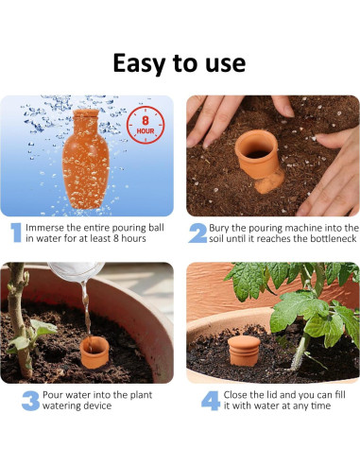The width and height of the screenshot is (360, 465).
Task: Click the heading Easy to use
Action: coord(180,62)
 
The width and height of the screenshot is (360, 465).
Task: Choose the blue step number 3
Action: coord(30,400)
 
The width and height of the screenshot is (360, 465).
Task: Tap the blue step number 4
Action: coord(211,400)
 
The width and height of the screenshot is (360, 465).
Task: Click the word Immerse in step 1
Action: coord(48,228)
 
